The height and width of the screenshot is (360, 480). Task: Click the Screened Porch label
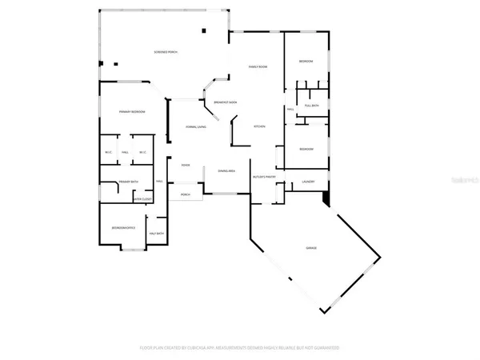point(166,53)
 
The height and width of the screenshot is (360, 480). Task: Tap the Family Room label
point(258,67)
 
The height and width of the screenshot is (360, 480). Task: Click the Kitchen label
point(259,126)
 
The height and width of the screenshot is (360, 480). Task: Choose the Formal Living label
point(197,126)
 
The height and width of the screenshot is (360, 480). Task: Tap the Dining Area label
point(226,170)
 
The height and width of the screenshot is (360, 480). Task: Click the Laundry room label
point(308,182)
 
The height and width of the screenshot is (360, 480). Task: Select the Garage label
point(311,248)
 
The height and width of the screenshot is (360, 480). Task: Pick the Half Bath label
point(156,234)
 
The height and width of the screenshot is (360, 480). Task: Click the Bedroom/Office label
point(123,227)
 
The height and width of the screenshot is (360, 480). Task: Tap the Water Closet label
point(142,199)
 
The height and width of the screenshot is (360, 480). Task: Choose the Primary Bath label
point(129,182)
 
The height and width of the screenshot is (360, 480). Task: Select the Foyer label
point(185,166)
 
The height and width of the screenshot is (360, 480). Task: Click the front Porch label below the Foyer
point(185,194)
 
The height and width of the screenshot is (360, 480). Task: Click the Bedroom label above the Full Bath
point(306,62)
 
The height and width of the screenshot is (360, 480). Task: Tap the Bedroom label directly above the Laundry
point(306,150)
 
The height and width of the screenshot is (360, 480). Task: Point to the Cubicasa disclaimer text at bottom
point(240,348)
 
